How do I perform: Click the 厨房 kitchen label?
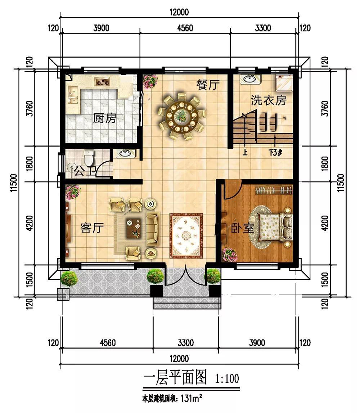tap(104, 118)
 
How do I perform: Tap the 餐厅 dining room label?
tap(208, 85)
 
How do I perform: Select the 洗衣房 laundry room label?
tap(268, 100)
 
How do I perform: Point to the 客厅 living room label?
tap(92, 228)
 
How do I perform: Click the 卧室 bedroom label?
tap(243, 228)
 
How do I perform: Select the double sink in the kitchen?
tap(73, 95)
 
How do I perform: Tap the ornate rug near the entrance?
tap(186, 235)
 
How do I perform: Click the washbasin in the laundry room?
tap(249, 79)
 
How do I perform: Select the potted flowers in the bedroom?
tap(230, 255)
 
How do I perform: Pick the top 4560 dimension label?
tap(185, 28)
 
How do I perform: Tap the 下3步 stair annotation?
tap(275, 152)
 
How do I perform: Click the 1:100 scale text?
tap(227, 379)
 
